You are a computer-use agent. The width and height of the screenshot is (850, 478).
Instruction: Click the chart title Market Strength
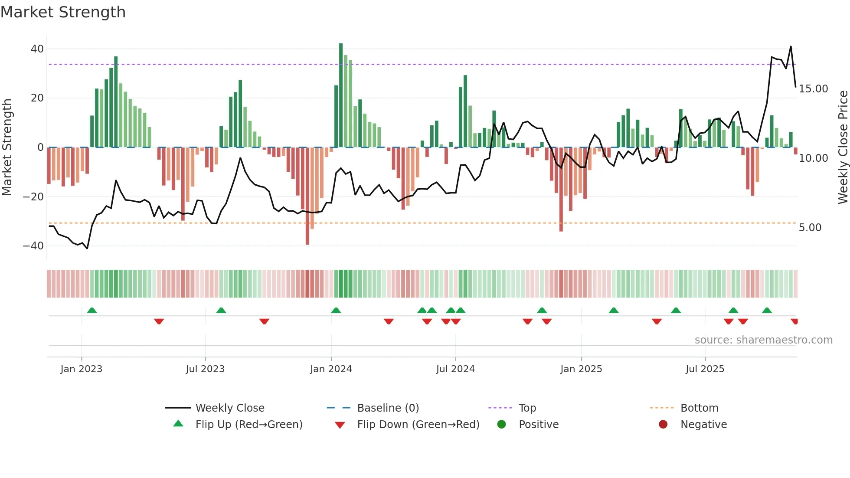tap(63, 12)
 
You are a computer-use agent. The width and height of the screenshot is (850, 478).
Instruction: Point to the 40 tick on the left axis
tap(37, 49)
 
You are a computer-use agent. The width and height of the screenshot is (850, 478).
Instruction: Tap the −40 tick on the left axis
tap(33, 246)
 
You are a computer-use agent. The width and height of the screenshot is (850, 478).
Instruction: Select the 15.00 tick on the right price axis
tap(813, 89)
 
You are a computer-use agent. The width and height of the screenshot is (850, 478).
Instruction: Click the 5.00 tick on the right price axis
tap(810, 228)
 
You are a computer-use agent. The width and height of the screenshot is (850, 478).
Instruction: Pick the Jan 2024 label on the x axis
tap(331, 369)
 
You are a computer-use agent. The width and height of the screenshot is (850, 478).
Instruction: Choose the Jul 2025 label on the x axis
tap(705, 369)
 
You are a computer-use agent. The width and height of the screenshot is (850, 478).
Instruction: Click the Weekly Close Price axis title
tap(843, 147)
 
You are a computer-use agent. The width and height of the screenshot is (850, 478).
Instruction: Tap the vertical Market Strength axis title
tap(7, 147)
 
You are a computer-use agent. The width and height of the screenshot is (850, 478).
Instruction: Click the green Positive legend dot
tap(501, 425)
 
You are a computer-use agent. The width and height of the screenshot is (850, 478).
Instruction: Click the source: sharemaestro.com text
tap(763, 340)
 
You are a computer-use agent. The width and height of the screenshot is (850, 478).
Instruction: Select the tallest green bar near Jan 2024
tap(341, 95)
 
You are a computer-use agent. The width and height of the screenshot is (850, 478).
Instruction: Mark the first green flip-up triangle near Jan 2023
tap(92, 311)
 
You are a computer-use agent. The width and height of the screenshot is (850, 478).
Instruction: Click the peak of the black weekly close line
tap(791, 47)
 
